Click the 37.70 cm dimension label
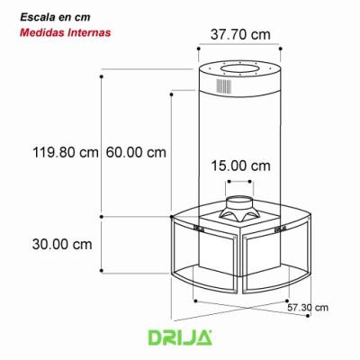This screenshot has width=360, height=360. [239, 34]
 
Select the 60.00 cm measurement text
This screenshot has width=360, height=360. [136, 152]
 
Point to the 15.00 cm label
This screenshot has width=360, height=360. [240, 166]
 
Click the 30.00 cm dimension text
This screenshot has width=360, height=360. [61, 244]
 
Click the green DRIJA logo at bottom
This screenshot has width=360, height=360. [179, 338]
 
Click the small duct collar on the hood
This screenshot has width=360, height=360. [240, 207]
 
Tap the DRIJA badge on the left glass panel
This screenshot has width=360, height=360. [200, 229]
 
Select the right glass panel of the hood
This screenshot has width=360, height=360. [274, 261]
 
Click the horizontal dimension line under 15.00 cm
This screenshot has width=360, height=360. [240, 179]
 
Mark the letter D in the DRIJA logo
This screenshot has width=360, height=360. [154, 338]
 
